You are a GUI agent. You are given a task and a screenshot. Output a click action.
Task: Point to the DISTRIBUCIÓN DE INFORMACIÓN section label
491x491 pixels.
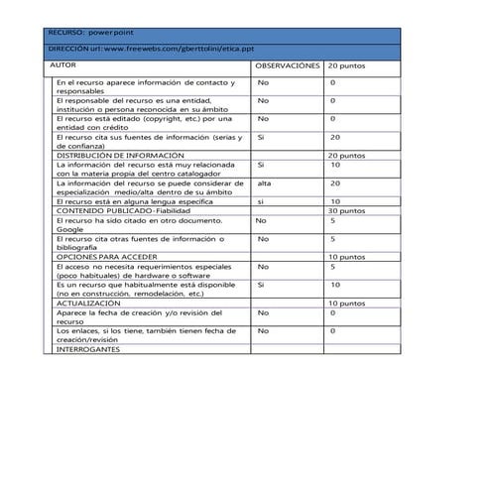pos(120,156)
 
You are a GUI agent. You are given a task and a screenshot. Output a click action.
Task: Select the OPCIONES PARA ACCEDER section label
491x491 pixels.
pos(111,257)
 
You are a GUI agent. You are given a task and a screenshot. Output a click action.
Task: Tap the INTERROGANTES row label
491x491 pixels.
pos(88,349)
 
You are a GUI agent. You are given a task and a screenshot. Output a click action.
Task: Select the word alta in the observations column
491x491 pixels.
pos(265,184)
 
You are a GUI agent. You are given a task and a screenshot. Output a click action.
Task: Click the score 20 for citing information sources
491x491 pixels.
pos(335,137)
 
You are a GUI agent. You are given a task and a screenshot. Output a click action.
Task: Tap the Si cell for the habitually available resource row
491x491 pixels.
pos(261,285)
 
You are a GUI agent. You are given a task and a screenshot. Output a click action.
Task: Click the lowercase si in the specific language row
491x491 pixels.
pos(261,201)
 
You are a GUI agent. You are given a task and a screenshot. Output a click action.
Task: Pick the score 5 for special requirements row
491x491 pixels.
pos(332,267)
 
